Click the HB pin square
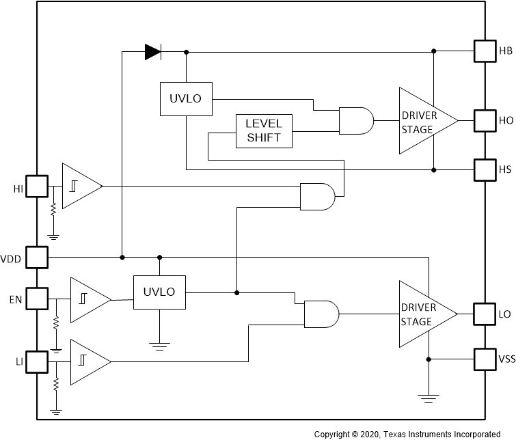tap(484, 51)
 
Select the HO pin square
tap(484, 120)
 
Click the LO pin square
tap(484, 314)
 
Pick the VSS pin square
tap(484, 358)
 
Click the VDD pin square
tap(36, 258)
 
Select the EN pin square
tap(36, 299)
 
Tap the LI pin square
tap(36, 360)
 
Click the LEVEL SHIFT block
tap(264, 130)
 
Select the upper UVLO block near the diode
tap(185, 98)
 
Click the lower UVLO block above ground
tap(159, 292)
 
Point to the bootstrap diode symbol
tap(152, 51)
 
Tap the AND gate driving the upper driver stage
tap(356, 120)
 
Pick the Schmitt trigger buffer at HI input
tap(80, 186)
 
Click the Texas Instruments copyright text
tap(407, 434)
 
